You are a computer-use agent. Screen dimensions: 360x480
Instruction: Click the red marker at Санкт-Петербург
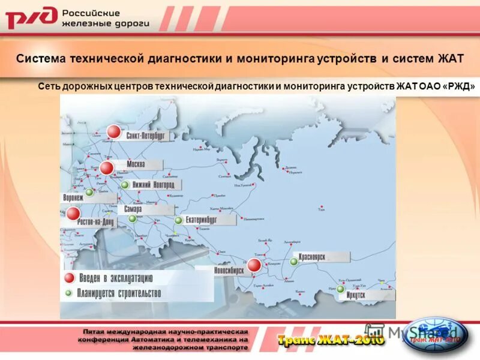point(113,132)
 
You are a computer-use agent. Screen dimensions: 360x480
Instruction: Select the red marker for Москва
point(107,168)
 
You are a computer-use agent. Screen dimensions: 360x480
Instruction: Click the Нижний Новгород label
point(153,185)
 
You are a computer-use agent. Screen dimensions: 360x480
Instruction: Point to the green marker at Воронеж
point(89,193)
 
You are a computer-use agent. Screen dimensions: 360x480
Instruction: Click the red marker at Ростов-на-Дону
point(73,214)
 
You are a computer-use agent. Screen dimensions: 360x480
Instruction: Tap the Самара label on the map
point(133,210)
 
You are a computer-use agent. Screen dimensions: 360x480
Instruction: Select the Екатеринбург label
point(202,220)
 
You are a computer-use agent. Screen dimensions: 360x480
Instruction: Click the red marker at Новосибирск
point(254,265)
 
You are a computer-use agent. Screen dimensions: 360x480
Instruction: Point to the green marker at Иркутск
point(340,289)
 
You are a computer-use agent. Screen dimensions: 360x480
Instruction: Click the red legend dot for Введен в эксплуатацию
point(70,278)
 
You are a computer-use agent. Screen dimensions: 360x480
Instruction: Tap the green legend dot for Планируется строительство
point(69,293)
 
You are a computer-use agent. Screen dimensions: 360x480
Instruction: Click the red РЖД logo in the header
point(31,18)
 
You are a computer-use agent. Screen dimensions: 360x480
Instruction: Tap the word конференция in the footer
point(103,339)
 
